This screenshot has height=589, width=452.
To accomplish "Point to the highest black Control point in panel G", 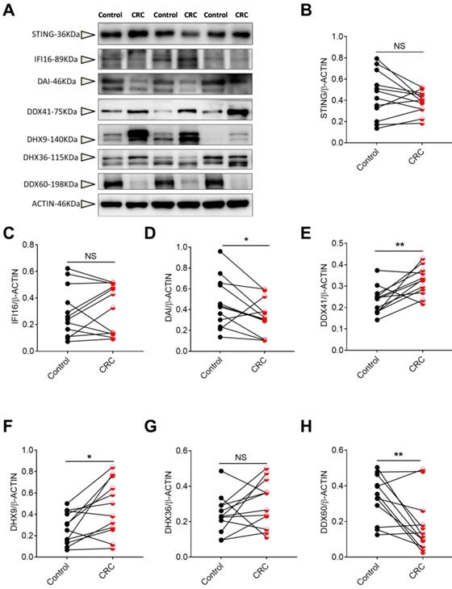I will (x=196, y=470).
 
